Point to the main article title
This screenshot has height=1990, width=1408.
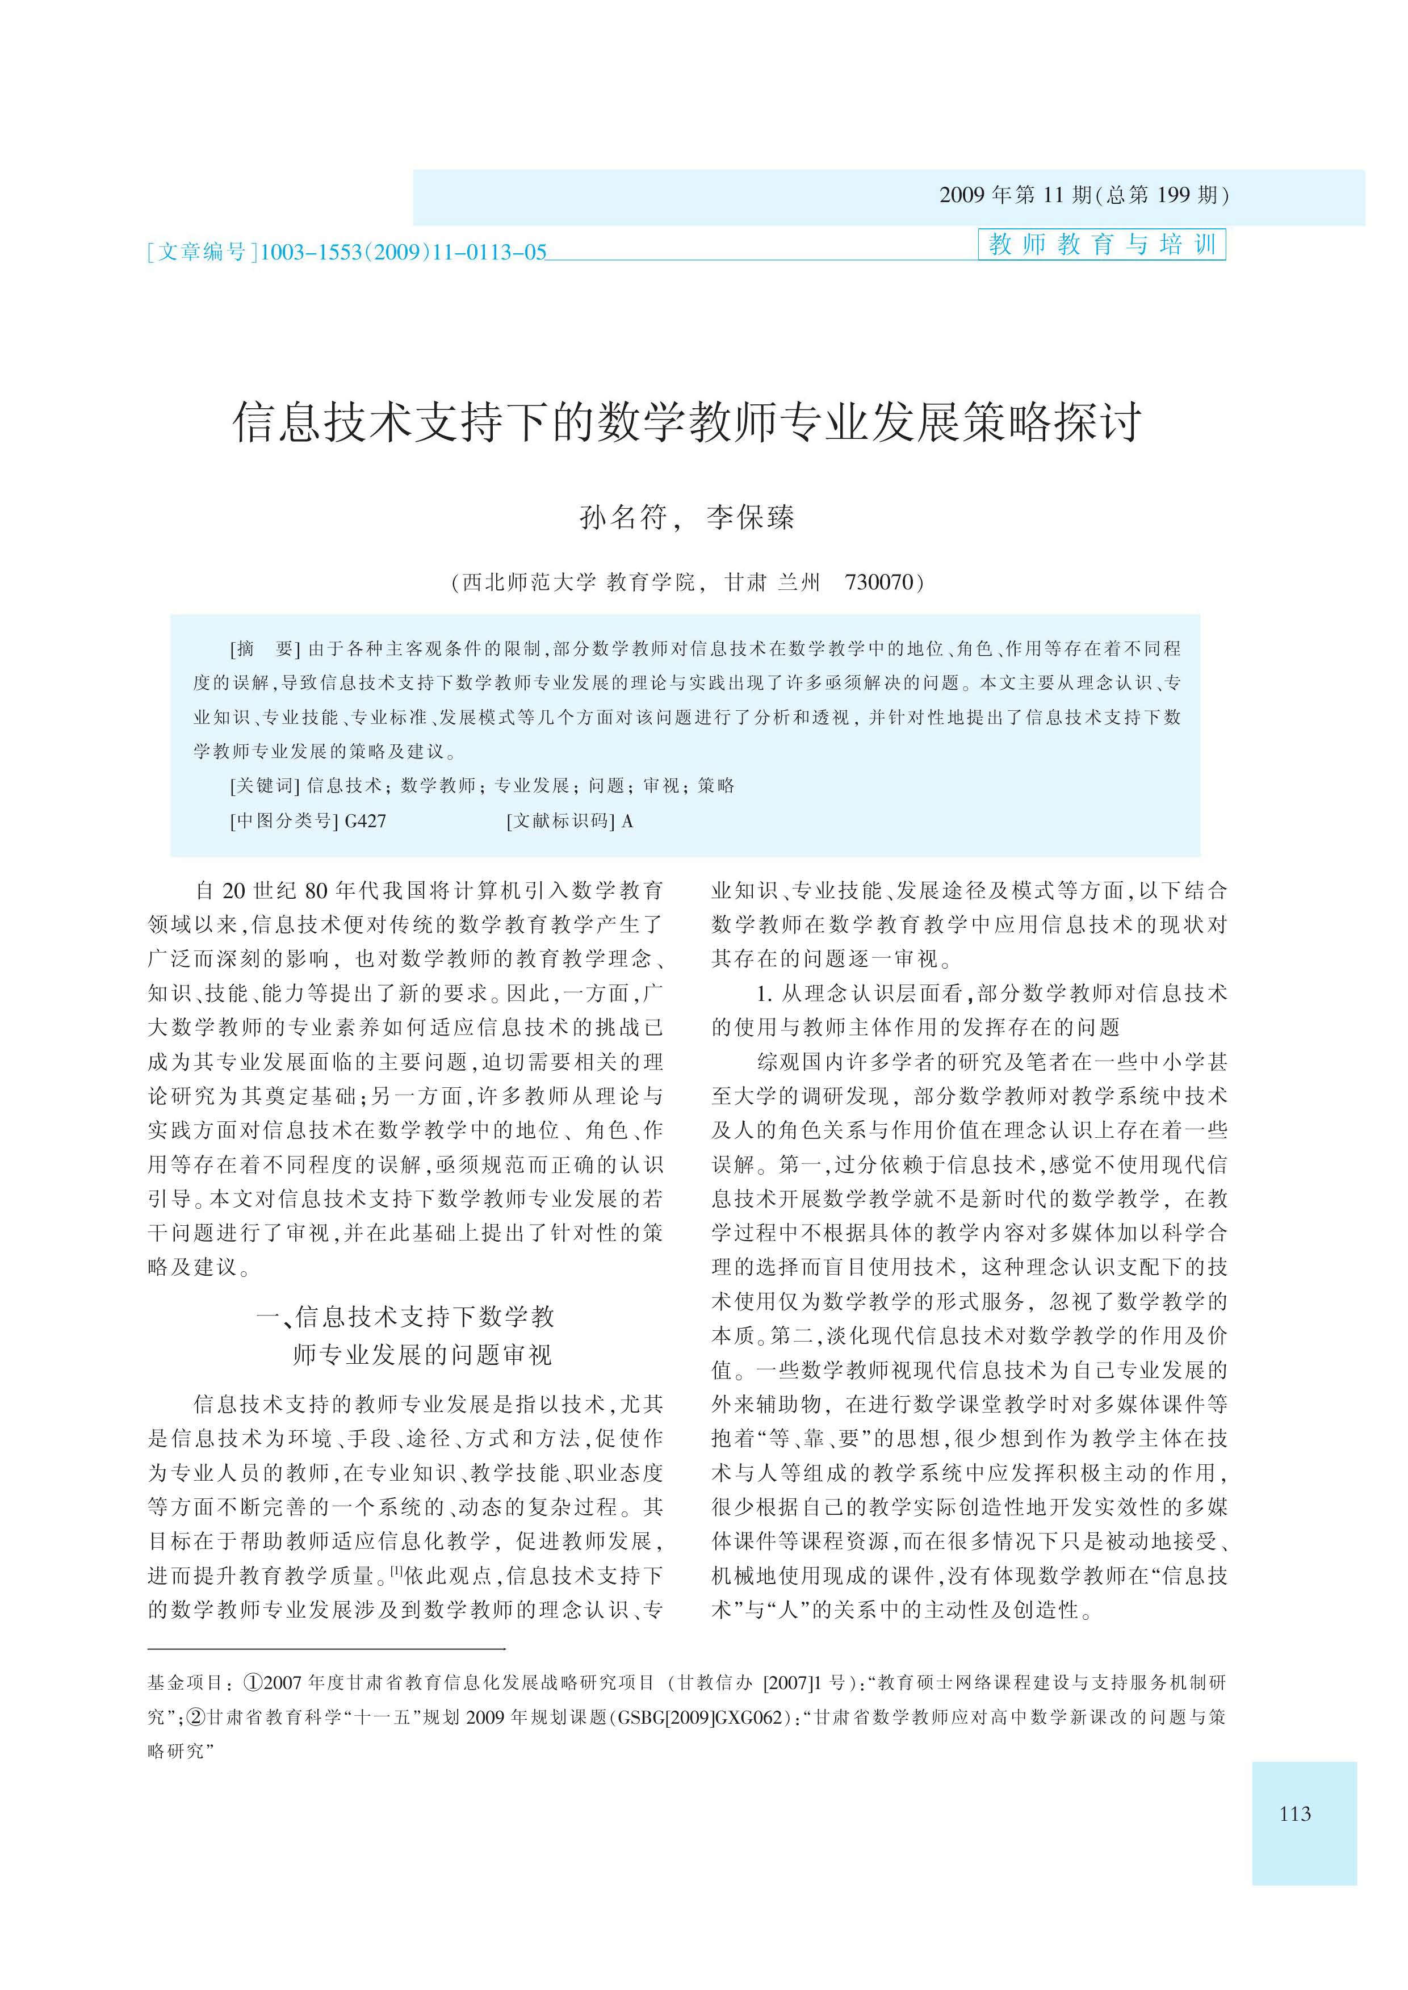tap(686, 422)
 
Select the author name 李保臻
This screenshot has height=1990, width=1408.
tap(751, 518)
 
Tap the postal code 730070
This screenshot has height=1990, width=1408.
tap(878, 582)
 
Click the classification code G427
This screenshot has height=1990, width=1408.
tap(365, 820)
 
